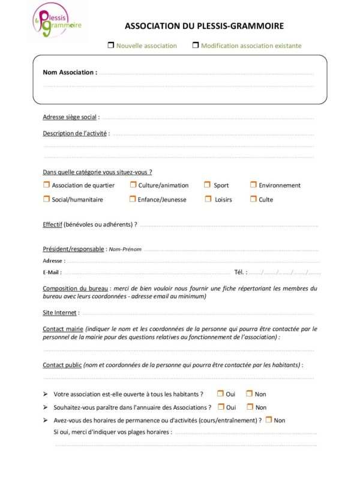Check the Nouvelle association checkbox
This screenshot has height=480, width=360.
[x=111, y=45]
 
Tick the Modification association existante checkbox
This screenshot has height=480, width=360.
[x=196, y=45]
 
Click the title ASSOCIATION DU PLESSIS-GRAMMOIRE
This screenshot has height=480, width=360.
[x=204, y=26]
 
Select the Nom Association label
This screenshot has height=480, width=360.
[x=70, y=72]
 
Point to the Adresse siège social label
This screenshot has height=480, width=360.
[x=70, y=117]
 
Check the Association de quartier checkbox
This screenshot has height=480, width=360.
[x=46, y=185]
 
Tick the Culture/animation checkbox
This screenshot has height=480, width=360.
[x=133, y=185]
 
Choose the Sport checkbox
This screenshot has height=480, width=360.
[x=207, y=185]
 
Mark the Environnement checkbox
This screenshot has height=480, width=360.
[x=253, y=185]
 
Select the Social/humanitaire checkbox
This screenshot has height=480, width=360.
[x=46, y=199]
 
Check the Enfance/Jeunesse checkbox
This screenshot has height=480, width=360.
[x=133, y=199]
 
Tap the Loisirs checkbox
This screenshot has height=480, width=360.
[x=207, y=199]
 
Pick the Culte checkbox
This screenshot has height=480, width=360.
[x=253, y=199]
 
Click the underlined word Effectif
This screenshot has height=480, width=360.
[x=52, y=224]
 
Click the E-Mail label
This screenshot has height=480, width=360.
[x=52, y=272]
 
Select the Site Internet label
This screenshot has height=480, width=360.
[x=59, y=313]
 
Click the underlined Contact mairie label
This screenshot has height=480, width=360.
[x=62, y=329]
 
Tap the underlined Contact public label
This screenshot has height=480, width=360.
[x=62, y=364]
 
